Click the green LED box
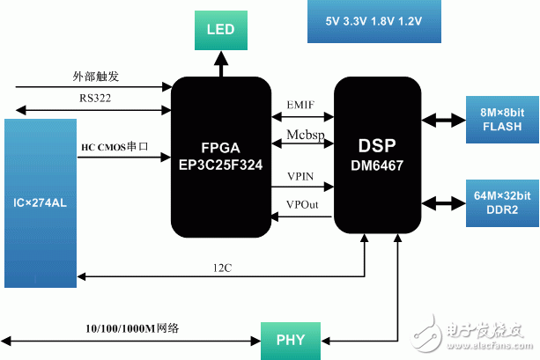point(221,30)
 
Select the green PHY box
point(291,341)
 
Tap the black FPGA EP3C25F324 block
point(221,157)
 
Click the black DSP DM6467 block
point(377,155)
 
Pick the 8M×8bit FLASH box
point(502,120)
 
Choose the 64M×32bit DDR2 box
point(502,203)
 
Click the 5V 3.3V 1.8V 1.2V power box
point(374,21)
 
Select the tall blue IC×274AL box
point(41,203)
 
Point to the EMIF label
point(300,105)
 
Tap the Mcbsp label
point(306,135)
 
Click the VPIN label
point(300,177)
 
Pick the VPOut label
point(302,204)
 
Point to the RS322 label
point(95,98)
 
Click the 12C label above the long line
point(223,268)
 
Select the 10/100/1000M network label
point(132,328)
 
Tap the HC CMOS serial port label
point(115,147)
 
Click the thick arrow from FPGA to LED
point(221,63)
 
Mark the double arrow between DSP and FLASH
point(444,120)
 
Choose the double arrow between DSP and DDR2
point(444,203)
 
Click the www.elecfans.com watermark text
point(490,346)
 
